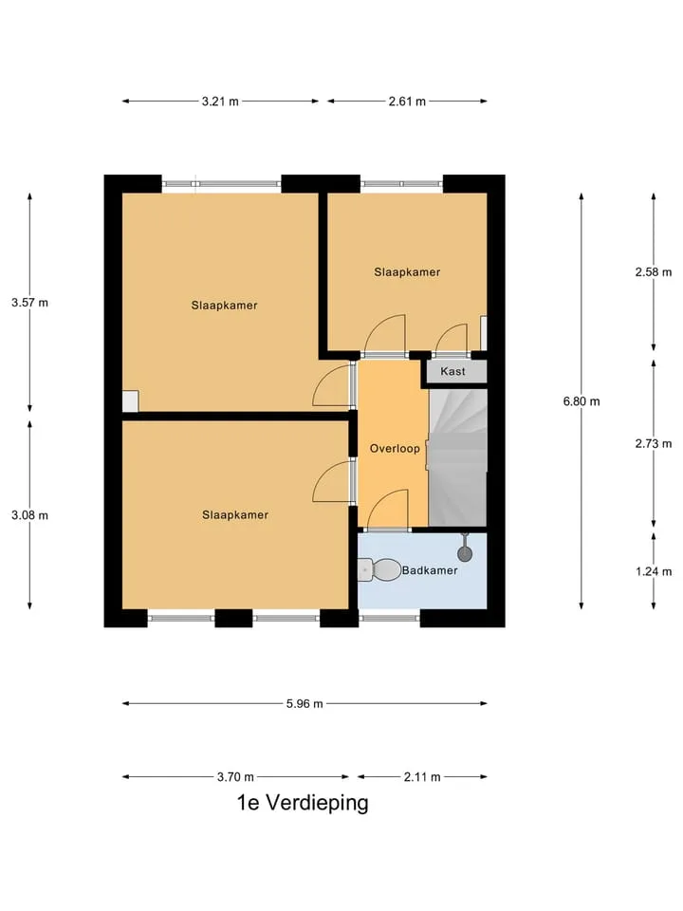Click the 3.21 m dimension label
220,102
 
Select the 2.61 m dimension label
407,102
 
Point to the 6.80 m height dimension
581,401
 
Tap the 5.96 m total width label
305,703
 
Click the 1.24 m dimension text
654,571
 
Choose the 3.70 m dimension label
235,777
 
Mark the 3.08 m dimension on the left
29,515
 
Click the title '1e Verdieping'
303,803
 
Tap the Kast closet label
452,371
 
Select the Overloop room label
395,449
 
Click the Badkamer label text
430,570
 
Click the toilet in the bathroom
379,570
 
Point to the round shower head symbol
465,553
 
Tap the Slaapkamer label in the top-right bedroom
407,272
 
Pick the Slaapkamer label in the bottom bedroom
235,514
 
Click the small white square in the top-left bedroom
130,401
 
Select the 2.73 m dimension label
654,444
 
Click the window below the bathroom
389,618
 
